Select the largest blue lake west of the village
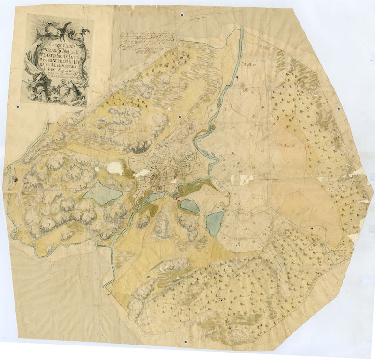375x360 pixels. (x=103, y=192)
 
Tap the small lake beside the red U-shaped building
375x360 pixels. (x=189, y=205)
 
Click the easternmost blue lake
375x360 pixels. (x=215, y=223)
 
